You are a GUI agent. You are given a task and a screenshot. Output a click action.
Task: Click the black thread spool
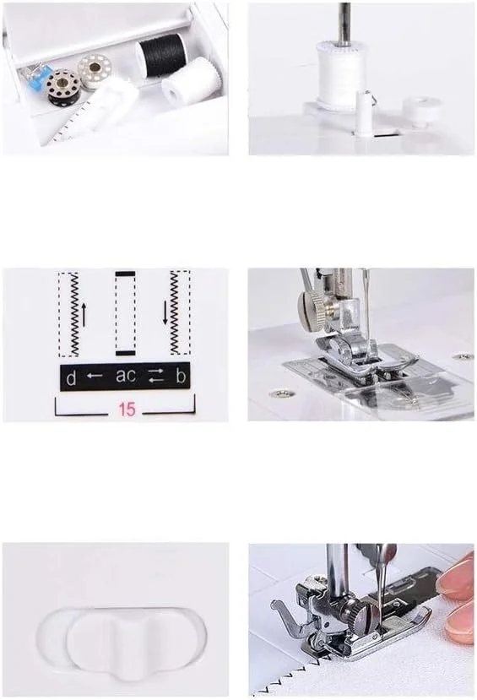pos(161,52)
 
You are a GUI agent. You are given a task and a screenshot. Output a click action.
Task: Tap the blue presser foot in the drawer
pos(36,77)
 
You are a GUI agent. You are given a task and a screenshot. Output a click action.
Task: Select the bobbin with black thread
pos(63,87)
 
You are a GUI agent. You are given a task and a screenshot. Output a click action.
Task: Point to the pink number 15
pos(127,409)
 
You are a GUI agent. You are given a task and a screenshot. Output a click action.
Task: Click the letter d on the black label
pos(71,378)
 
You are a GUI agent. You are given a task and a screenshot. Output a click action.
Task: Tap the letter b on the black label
pos(181,377)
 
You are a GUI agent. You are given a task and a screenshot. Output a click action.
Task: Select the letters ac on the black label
pos(126,376)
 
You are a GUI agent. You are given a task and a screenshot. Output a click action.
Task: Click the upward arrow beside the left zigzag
pos(84,313)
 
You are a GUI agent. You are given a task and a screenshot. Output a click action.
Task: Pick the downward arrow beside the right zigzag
pos(165,312)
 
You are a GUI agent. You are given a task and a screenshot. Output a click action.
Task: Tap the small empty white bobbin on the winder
pos(420,111)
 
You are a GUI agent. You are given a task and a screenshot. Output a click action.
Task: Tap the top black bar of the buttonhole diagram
pos(126,274)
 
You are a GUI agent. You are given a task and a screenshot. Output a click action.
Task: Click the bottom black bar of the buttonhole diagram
pos(126,353)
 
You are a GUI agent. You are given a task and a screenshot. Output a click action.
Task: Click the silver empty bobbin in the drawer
pos(95,68)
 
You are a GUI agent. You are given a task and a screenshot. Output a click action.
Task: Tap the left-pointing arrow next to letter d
pos(95,376)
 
